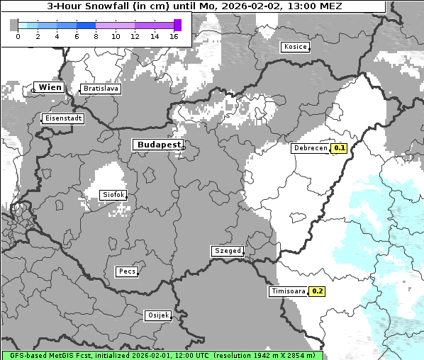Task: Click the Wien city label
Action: (50, 87)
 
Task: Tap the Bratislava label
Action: (100, 89)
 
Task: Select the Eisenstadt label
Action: (63, 118)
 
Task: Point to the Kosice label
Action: (294, 47)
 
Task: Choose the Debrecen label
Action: (310, 148)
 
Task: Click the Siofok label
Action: (113, 195)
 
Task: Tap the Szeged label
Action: (228, 251)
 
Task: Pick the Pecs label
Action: (127, 271)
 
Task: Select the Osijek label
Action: (158, 315)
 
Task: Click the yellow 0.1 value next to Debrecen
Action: (339, 148)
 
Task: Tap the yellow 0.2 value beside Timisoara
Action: (318, 291)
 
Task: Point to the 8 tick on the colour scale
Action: (95, 35)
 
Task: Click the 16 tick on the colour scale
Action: (174, 35)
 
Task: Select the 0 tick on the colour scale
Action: (18, 35)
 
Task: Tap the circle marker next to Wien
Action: (33, 90)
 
